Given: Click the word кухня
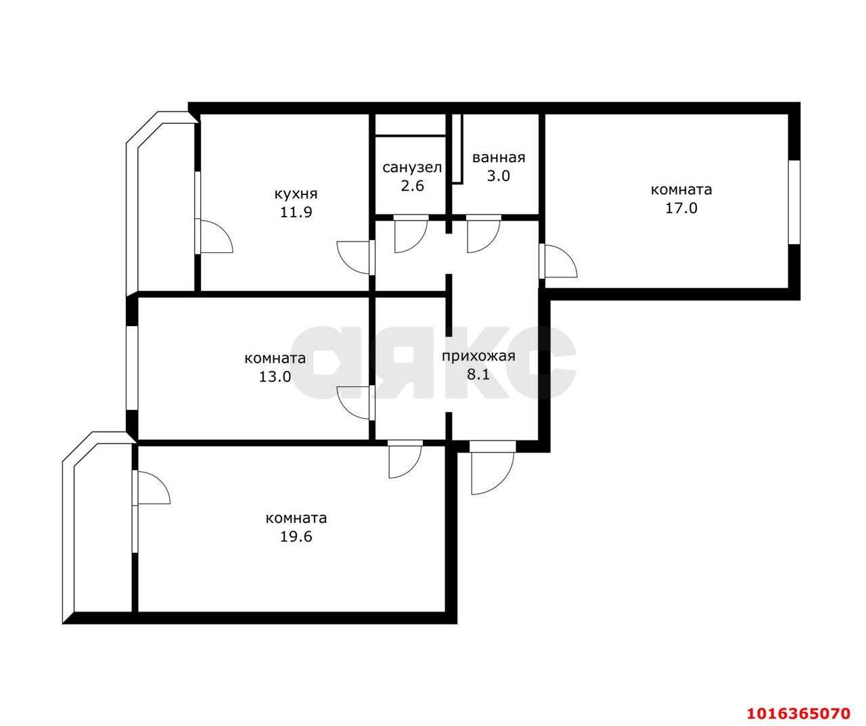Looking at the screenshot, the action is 296,194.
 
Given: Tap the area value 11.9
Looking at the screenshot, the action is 296,212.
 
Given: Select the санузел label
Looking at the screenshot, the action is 412,168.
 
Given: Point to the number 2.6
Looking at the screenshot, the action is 412,185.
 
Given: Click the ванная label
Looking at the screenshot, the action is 499,158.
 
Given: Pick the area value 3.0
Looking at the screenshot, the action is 499,176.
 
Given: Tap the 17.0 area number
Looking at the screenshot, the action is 681,208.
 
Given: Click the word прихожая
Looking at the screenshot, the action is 478,356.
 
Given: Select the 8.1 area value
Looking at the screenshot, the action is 478,375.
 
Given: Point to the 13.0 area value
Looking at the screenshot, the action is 275,376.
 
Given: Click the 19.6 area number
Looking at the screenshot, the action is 296,537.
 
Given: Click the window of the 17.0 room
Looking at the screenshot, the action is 794,202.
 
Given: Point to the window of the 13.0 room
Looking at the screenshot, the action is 132,368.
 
